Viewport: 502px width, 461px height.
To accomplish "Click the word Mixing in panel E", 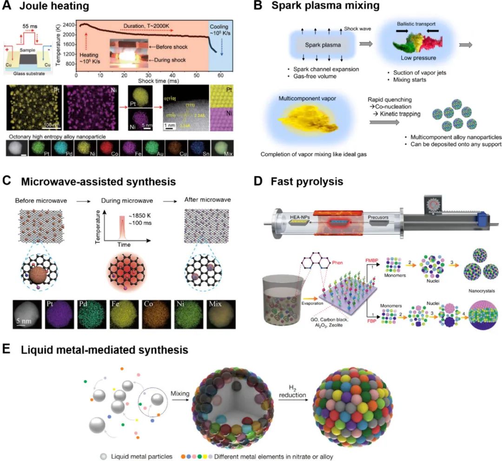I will point(180,394).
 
